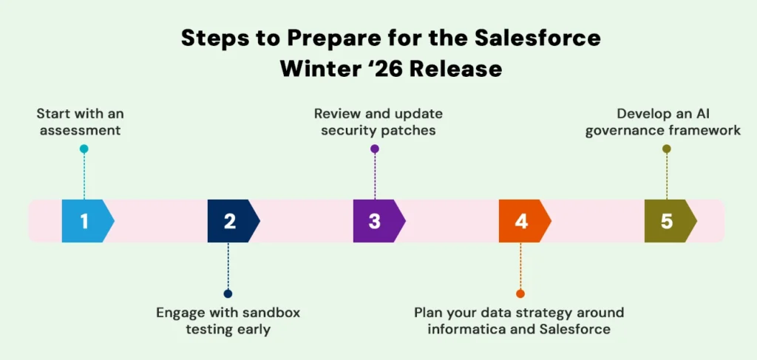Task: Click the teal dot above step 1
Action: coord(84,149)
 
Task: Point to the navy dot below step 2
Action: coord(228,293)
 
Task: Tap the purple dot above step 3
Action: coord(375,149)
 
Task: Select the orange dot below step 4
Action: coord(520,293)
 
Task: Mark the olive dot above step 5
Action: coord(666,149)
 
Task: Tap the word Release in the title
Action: coord(456,69)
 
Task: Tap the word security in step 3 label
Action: coord(347,131)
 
